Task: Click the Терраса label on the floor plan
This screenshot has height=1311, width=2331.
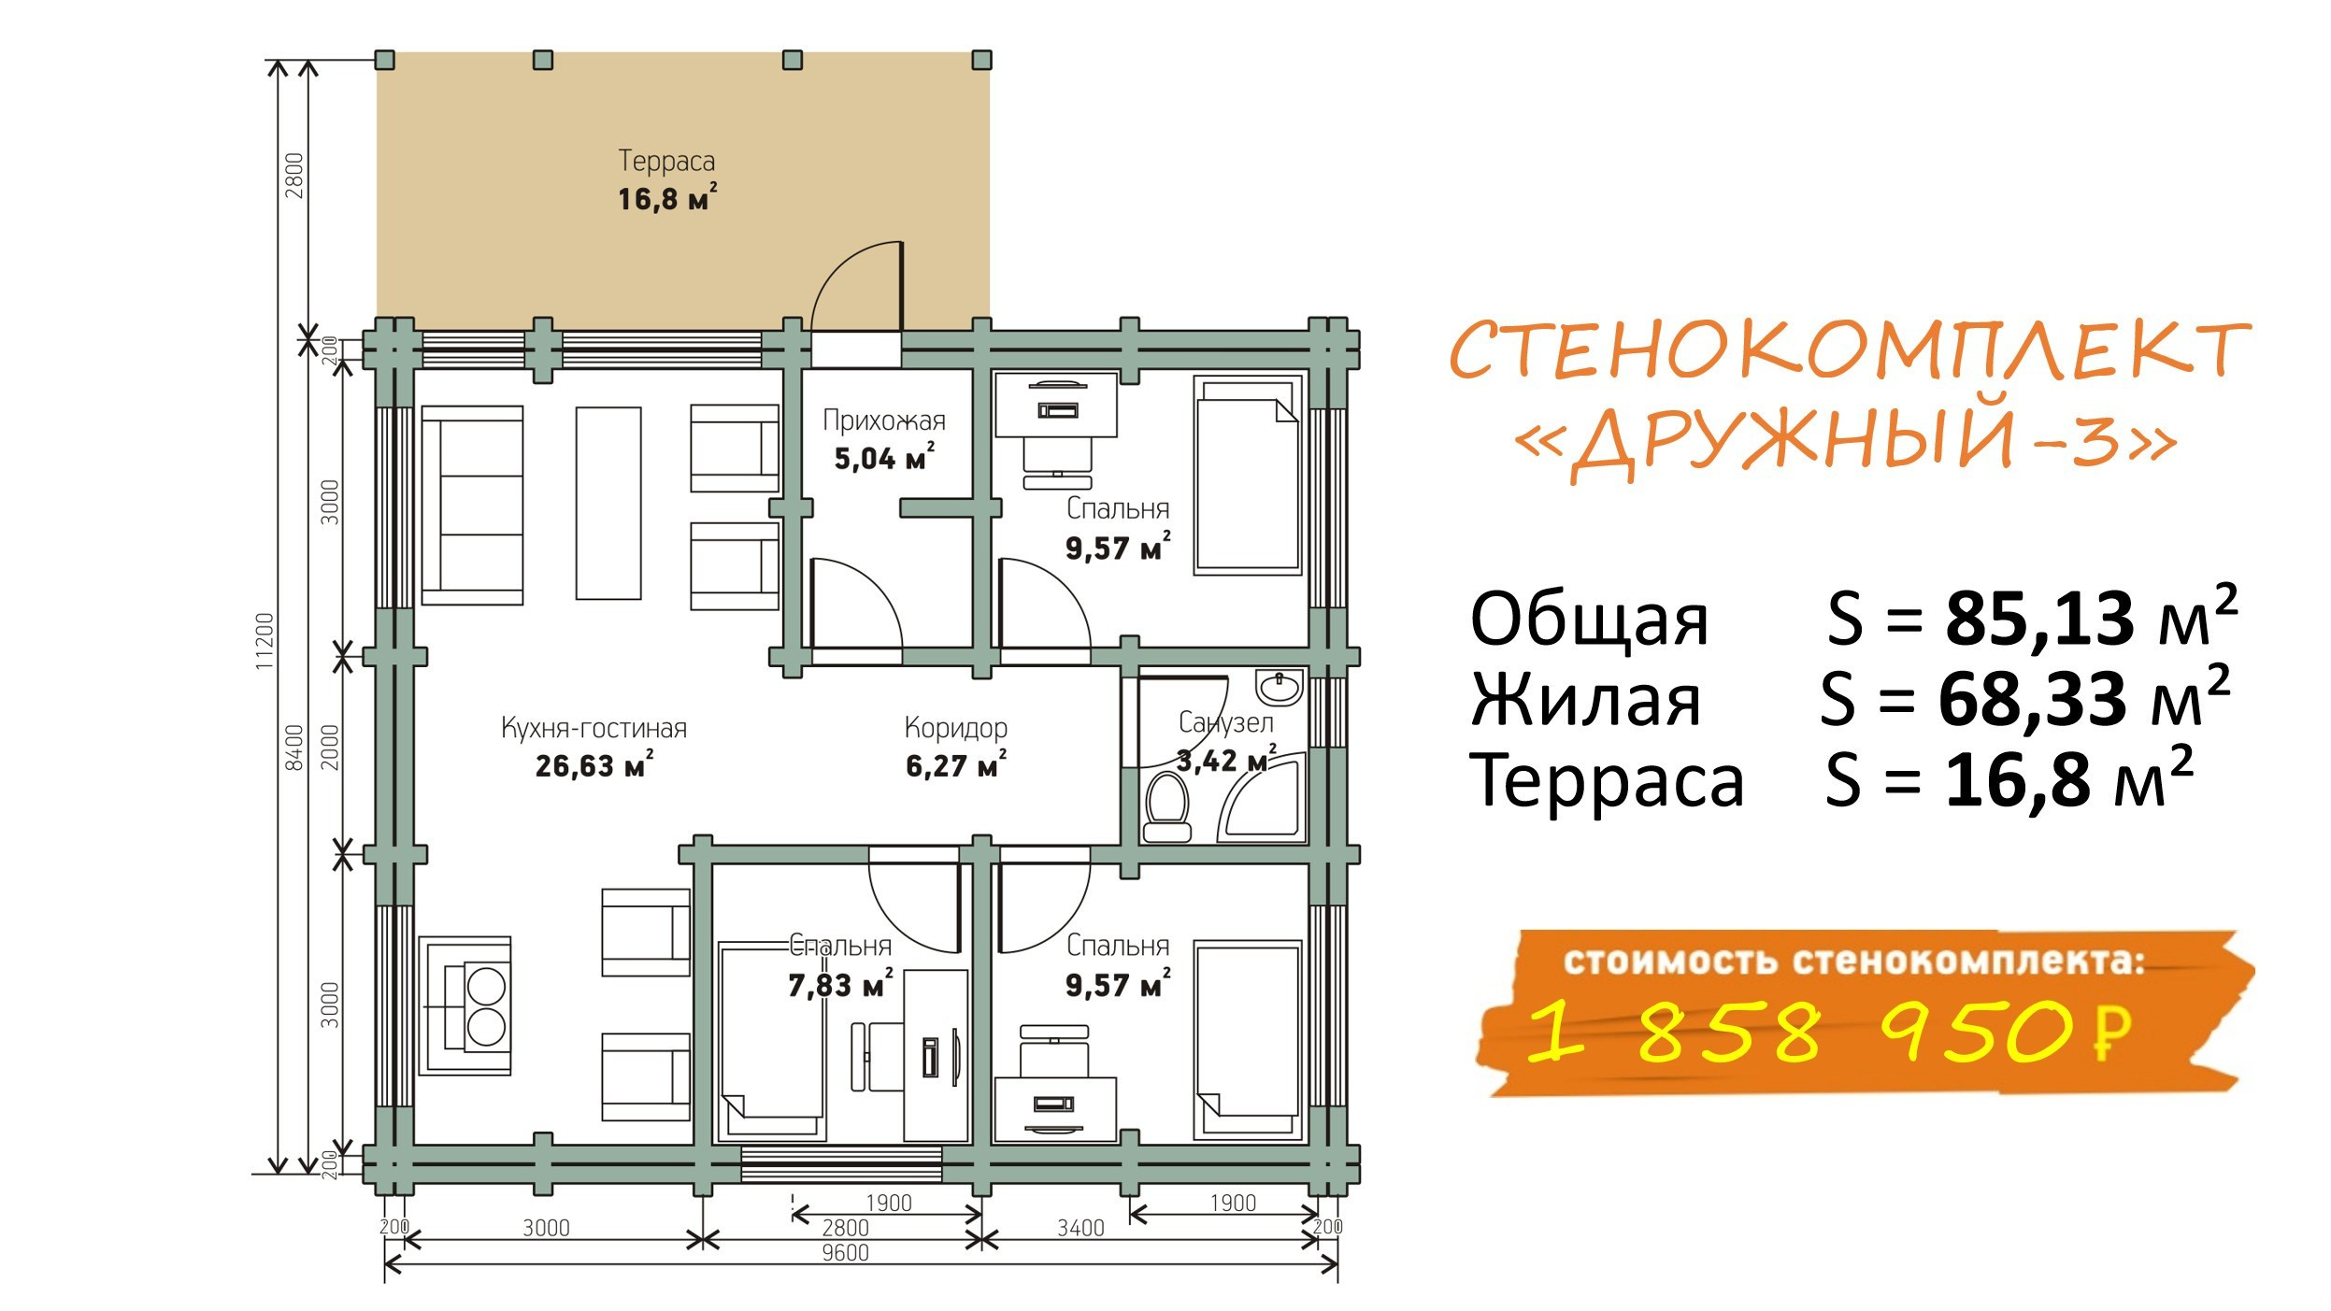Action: (x=666, y=161)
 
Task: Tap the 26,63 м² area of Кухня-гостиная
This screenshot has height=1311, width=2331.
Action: (x=593, y=765)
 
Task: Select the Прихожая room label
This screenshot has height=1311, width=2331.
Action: (x=883, y=421)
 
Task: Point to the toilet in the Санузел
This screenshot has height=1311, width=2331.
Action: (x=1166, y=806)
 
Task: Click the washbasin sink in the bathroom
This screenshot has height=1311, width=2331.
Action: (x=1280, y=688)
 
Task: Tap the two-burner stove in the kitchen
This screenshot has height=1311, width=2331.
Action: (x=469, y=1005)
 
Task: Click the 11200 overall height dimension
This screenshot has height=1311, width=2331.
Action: (x=265, y=640)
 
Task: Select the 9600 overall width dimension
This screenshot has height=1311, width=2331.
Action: (x=845, y=1253)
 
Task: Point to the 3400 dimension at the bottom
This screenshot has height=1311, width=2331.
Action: (x=1080, y=1228)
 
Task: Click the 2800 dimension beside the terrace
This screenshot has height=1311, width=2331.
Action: (x=294, y=175)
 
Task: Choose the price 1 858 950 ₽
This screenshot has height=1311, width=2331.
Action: (x=1828, y=1032)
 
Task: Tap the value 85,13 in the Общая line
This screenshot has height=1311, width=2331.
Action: (x=2038, y=619)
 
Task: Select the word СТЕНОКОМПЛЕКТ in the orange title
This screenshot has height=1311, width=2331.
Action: (x=1849, y=349)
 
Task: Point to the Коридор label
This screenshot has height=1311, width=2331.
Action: (x=955, y=728)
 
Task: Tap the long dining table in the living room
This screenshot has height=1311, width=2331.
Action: (x=608, y=503)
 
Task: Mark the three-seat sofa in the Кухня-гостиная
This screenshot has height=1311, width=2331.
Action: (x=472, y=506)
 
